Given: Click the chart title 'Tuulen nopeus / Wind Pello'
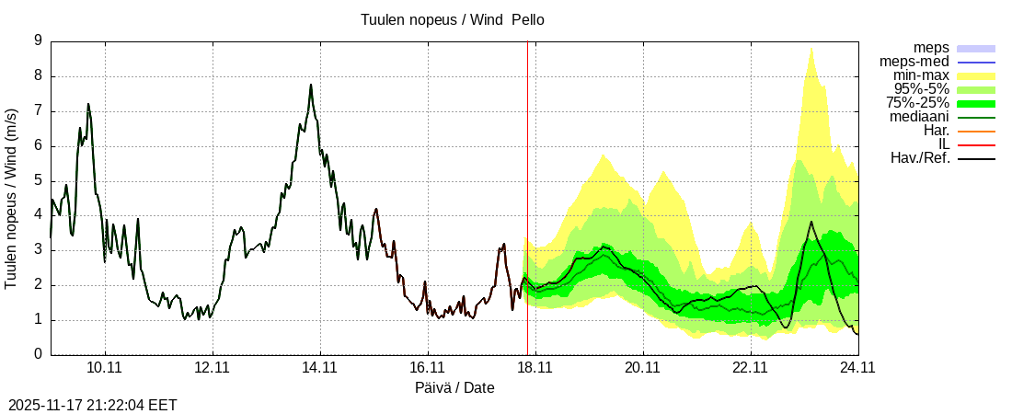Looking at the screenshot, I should click(453, 19).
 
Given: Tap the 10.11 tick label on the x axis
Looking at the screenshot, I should click(105, 367).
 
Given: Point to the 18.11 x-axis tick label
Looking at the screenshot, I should click(535, 367).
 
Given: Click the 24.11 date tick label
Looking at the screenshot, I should click(857, 367).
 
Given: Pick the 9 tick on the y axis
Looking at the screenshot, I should click(38, 40).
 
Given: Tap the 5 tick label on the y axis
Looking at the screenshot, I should click(38, 180).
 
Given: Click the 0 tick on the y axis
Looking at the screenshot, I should click(38, 354).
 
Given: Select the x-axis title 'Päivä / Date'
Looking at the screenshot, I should click(454, 387).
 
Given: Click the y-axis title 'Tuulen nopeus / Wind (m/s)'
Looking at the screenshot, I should click(12, 198).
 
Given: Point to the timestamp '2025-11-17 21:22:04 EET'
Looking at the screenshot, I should click(93, 405).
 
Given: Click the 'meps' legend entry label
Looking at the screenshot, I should click(931, 48).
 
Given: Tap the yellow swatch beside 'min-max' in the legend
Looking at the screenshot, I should click(976, 75).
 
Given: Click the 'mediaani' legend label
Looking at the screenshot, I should click(919, 117).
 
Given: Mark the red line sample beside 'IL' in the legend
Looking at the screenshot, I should click(976, 144).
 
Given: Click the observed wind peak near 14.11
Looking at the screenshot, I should click(311, 86).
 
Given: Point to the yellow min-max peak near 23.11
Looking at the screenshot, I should click(811, 49).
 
